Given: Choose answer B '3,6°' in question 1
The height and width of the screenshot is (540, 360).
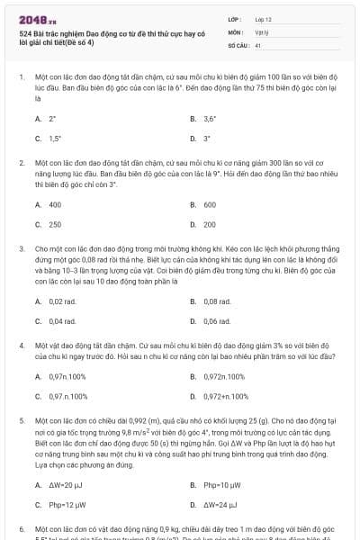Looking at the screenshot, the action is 210,118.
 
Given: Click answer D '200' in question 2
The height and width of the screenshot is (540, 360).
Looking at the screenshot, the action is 209,224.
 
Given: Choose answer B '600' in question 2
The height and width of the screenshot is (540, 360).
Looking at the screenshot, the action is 209,204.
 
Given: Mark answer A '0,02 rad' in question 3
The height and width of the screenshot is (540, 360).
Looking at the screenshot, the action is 63,301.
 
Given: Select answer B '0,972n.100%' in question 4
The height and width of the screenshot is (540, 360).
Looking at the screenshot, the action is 224,376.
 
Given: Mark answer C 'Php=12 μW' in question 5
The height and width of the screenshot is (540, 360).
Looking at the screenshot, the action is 66,505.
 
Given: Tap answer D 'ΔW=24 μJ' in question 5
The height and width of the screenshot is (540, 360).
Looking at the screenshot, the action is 219,505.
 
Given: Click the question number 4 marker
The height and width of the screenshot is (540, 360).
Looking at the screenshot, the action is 22,346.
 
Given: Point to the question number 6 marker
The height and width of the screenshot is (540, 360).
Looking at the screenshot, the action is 22,529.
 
